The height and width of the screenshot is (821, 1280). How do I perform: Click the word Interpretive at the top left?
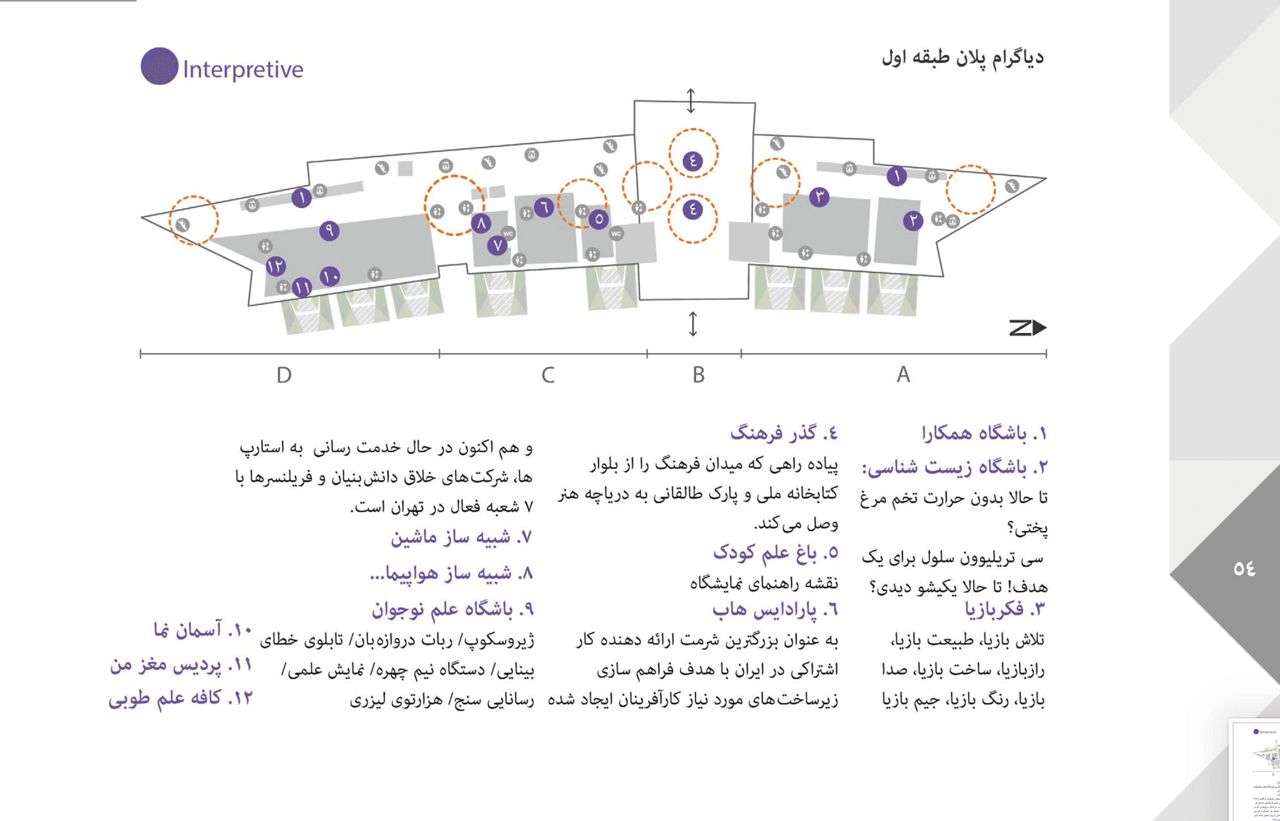242,69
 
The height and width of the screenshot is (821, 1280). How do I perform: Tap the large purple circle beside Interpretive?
159,66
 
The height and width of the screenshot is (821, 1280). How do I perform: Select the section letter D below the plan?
284,375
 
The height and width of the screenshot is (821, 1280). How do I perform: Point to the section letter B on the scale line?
698,375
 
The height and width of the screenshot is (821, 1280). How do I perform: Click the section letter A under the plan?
903,375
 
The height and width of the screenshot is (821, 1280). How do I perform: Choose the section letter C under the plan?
547,375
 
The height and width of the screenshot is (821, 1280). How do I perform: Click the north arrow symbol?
1027,327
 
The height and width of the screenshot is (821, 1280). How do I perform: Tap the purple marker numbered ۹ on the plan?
329,231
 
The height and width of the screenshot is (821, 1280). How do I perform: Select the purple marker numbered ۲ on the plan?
913,220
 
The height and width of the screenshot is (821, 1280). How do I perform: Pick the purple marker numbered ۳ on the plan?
819,197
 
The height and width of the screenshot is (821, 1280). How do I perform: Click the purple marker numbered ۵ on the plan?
599,219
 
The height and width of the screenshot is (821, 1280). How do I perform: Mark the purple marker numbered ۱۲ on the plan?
276,267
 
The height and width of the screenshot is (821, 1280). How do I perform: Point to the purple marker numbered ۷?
497,246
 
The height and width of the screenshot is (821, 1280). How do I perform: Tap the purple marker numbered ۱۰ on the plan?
330,276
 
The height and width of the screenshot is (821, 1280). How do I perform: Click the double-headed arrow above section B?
691,101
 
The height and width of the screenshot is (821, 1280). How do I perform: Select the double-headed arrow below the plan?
692,324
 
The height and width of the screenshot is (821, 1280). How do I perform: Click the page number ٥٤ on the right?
1244,569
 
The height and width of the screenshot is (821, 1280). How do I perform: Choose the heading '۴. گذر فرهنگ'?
784,433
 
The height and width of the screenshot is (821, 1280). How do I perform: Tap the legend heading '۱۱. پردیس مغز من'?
181,665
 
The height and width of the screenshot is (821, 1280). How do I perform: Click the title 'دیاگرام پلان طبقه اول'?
962,58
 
